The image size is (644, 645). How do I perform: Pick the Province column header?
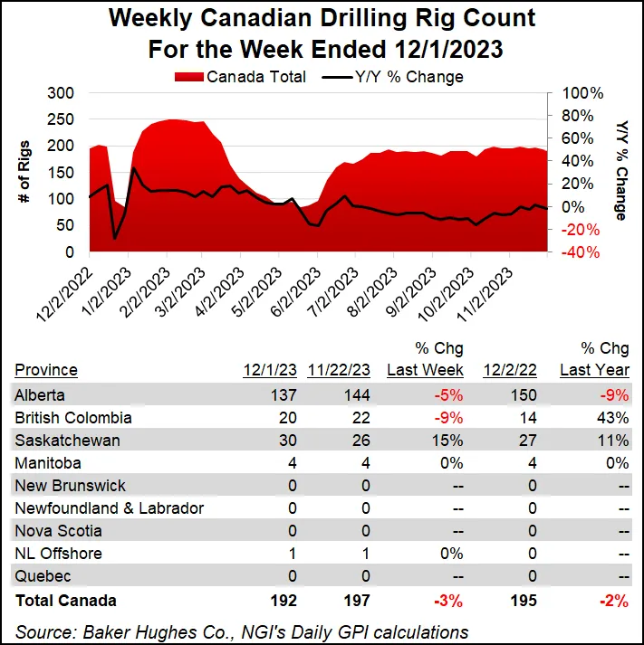tap(46, 370)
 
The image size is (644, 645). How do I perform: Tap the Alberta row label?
tap(42, 395)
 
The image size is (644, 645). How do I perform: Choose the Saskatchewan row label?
tap(61, 441)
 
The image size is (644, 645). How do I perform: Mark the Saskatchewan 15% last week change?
tap(450, 441)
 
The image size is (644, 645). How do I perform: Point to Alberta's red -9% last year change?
tap(616, 395)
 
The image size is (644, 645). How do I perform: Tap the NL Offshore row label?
tap(58, 554)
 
